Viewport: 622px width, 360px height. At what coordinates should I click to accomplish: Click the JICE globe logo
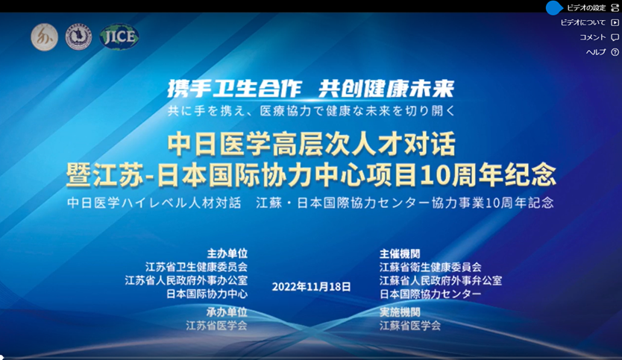click(119, 37)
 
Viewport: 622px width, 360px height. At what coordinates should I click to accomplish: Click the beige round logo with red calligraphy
click(45, 37)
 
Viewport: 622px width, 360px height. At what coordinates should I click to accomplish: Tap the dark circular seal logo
click(78, 37)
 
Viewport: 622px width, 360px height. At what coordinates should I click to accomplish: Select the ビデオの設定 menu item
click(586, 7)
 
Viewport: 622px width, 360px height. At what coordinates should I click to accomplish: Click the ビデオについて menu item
click(582, 22)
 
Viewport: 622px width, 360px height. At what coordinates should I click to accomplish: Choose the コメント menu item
click(593, 37)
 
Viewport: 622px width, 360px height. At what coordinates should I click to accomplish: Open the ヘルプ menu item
click(596, 52)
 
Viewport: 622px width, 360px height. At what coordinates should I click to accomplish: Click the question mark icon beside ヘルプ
click(615, 52)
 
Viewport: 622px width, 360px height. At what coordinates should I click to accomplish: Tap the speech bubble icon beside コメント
click(615, 37)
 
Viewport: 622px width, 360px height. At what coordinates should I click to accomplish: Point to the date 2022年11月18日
click(312, 286)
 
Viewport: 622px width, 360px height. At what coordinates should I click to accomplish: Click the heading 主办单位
click(227, 253)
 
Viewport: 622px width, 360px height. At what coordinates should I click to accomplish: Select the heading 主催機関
click(400, 253)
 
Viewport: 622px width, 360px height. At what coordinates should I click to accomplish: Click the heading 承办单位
click(227, 312)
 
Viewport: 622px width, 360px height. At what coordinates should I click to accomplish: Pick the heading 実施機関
click(400, 312)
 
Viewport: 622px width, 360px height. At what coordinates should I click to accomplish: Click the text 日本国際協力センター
click(430, 294)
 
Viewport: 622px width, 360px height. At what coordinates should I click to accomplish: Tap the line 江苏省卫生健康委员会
click(196, 266)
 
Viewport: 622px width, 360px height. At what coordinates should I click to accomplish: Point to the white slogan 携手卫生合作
click(234, 88)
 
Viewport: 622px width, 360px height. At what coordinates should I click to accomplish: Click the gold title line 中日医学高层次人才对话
click(312, 144)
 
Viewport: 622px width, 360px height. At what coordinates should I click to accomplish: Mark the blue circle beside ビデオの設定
click(554, 7)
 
